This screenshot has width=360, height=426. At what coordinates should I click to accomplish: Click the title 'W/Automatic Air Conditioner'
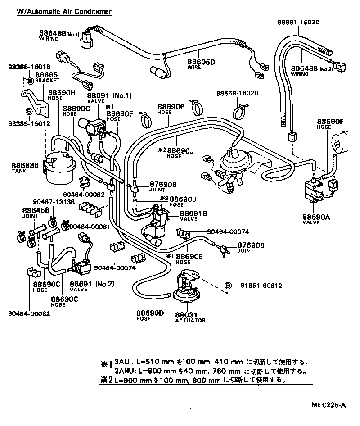click(x=64, y=11)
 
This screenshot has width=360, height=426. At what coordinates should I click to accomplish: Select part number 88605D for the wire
click(x=201, y=62)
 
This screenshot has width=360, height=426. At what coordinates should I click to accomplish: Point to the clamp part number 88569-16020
click(x=237, y=93)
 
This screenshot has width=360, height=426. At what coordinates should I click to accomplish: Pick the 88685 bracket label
click(x=46, y=74)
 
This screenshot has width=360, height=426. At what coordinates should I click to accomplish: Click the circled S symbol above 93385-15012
click(x=28, y=111)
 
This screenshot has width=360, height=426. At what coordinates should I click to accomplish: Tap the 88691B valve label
click(x=193, y=213)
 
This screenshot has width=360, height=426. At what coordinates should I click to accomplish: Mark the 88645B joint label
click(x=34, y=210)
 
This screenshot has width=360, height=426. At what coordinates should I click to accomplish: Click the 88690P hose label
click(x=171, y=107)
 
